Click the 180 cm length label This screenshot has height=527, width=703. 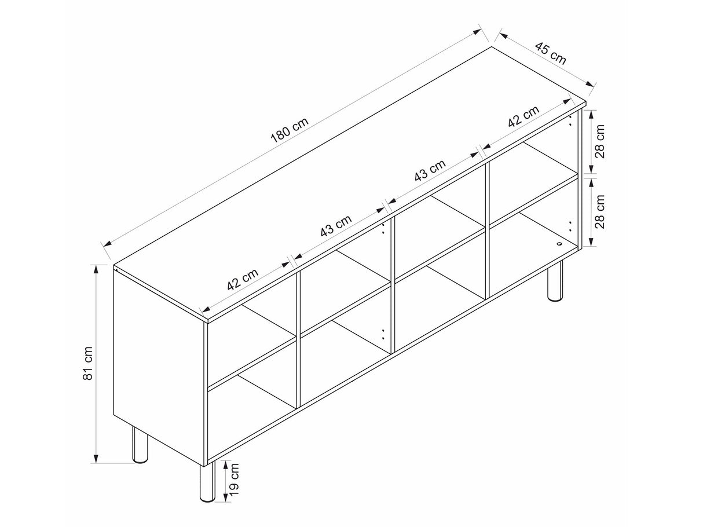point(290,130)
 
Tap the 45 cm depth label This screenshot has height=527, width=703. point(551,53)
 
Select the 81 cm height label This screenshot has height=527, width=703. point(87,363)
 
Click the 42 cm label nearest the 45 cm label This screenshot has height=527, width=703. point(523,116)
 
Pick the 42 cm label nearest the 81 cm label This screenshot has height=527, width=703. point(243,279)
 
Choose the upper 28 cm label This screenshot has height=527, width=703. point(599,141)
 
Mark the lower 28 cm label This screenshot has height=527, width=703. point(599,211)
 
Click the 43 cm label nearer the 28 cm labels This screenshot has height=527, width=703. point(430,170)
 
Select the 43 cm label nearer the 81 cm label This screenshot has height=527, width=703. point(336,225)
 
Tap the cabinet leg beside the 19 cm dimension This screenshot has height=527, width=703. point(207,484)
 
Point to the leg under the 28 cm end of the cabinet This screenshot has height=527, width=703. point(555,281)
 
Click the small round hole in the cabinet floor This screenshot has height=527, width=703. point(559,244)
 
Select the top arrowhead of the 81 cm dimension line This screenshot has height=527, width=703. point(96,270)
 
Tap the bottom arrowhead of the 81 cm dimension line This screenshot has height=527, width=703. point(96,458)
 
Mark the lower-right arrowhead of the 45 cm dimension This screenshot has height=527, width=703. point(590,84)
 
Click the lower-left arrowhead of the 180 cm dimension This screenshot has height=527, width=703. point(107,243)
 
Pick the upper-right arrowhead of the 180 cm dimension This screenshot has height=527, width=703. point(477,31)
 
